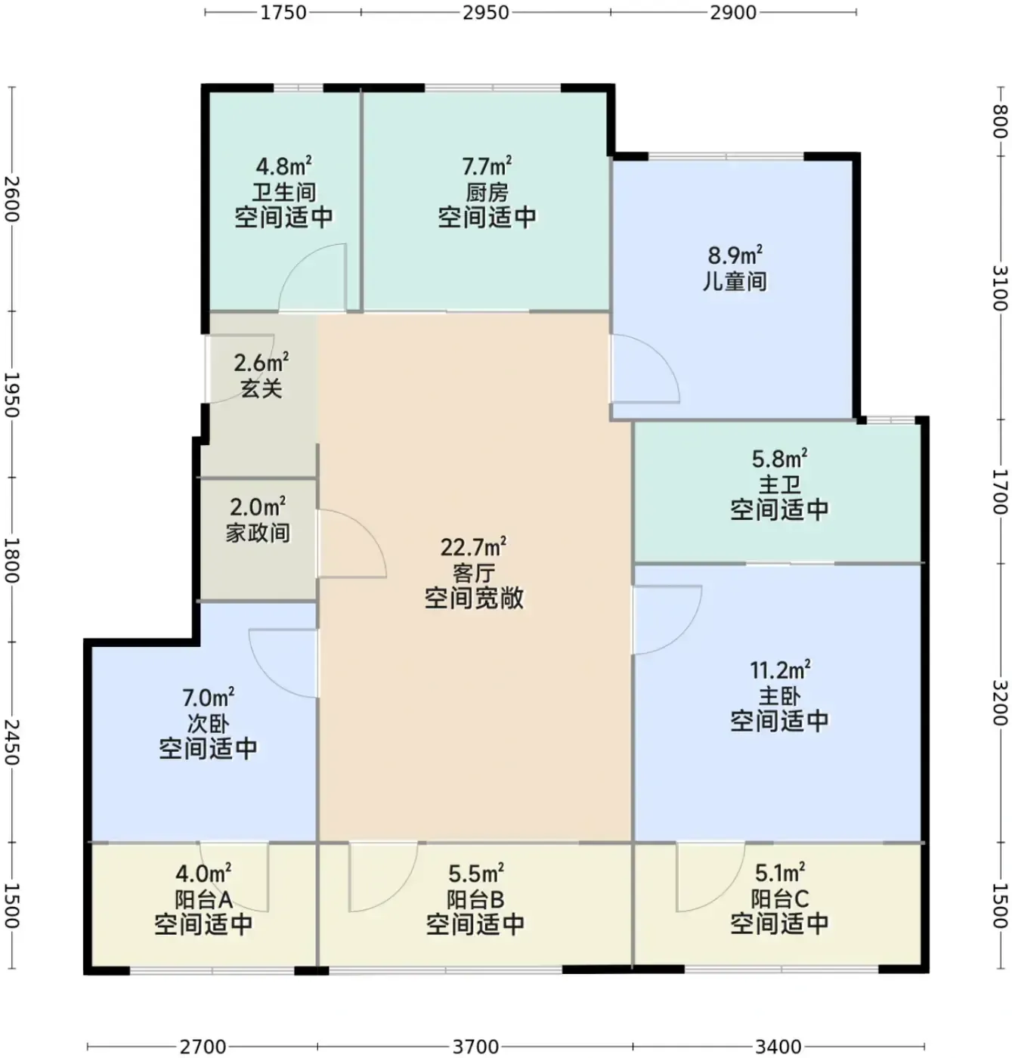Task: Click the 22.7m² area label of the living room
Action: [473, 547]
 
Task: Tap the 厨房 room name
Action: [487, 193]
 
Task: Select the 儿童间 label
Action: [734, 282]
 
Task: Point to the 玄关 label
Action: [262, 388]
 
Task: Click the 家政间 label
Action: [258, 533]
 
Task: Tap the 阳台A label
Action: [203, 900]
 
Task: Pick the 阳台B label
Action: [475, 900]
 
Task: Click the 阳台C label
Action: [779, 900]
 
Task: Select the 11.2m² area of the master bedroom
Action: [780, 670]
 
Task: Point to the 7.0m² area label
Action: [209, 698]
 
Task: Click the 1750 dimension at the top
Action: [283, 12]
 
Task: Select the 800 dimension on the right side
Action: [1000, 122]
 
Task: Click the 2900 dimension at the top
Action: [732, 12]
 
